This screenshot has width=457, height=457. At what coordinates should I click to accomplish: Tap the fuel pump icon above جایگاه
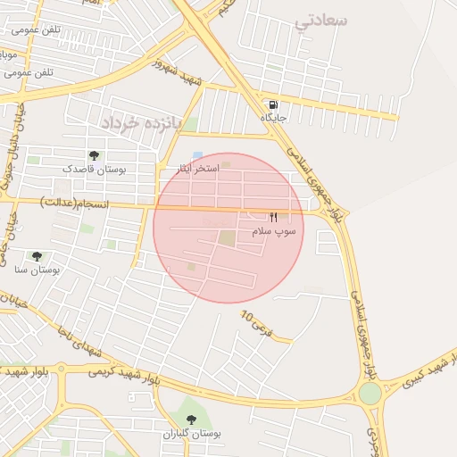(x=272, y=103)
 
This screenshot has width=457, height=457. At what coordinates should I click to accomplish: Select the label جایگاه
(x=273, y=117)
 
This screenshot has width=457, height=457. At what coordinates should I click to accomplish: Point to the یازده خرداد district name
(x=140, y=120)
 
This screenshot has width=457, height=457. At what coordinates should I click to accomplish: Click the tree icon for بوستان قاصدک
(x=95, y=155)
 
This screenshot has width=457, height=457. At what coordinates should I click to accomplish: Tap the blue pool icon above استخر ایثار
(x=197, y=155)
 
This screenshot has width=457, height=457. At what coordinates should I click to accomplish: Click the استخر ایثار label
(x=194, y=169)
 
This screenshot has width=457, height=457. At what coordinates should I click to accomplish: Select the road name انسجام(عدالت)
(x=77, y=205)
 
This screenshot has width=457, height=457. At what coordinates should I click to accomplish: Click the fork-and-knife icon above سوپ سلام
(x=274, y=217)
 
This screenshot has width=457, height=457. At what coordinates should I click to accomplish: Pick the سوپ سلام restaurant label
(x=273, y=231)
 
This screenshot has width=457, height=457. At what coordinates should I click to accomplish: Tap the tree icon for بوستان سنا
(x=37, y=256)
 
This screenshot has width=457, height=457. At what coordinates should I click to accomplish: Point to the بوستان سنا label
(x=37, y=270)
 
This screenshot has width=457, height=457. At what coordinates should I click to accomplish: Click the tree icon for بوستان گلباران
(x=190, y=419)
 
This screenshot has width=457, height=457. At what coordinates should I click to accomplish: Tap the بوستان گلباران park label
(x=191, y=434)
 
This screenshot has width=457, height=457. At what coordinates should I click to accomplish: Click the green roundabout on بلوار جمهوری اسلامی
(x=370, y=393)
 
